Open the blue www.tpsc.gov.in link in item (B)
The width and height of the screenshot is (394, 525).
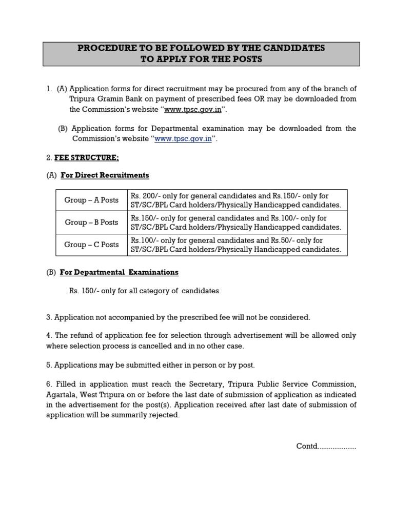tap(183, 139)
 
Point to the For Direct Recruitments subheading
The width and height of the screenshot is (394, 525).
tap(105, 175)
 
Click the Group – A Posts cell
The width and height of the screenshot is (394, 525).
tap(91, 200)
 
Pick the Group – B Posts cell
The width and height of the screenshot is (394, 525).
tap(91, 223)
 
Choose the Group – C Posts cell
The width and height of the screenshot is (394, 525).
tap(91, 245)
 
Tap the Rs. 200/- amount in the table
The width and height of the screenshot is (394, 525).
tap(145, 196)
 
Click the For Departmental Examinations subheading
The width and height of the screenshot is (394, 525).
tap(119, 272)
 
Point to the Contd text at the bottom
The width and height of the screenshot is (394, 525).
tap(326, 446)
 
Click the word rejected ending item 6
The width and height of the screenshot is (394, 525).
tap(165, 415)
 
